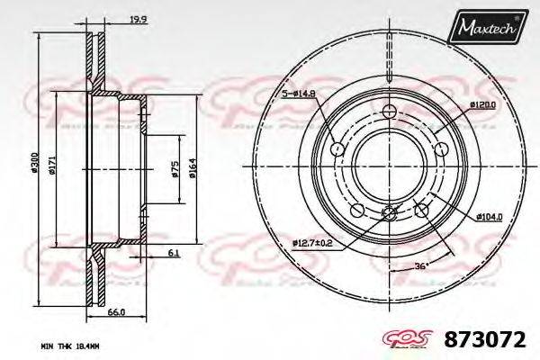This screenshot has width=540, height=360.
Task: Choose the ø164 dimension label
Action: pos(193,167)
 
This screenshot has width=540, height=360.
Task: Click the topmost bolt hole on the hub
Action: pos(389,111)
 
